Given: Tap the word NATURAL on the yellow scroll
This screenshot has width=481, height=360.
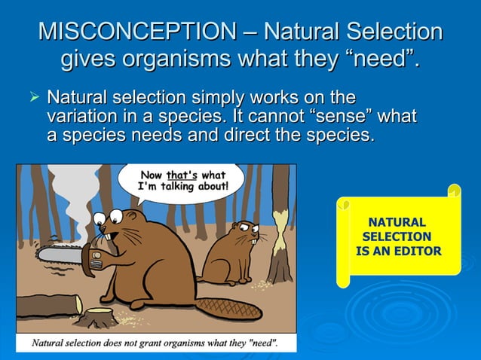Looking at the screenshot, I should (x=397, y=222).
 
